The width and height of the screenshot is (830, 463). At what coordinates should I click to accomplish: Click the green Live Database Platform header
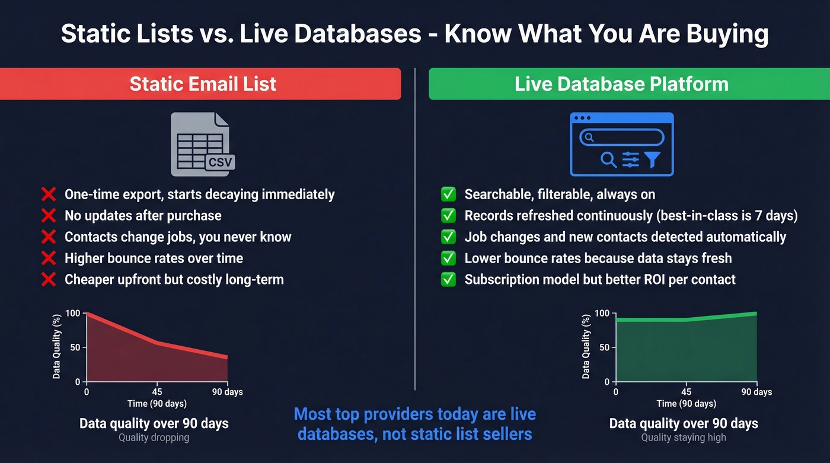(x=621, y=84)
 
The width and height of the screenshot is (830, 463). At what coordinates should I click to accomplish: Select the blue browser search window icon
(x=621, y=144)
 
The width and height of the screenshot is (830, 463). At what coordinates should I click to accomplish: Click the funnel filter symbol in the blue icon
(x=652, y=159)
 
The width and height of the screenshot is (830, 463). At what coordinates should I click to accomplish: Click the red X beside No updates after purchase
(x=49, y=216)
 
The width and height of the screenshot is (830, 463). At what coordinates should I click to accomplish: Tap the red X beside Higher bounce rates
(x=49, y=258)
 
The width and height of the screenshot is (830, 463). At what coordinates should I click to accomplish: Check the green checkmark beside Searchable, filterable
(x=448, y=194)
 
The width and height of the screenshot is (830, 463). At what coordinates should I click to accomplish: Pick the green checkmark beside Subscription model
(x=448, y=279)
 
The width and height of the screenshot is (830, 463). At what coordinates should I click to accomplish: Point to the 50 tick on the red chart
(x=74, y=347)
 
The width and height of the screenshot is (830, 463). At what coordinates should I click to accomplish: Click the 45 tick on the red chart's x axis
(x=157, y=392)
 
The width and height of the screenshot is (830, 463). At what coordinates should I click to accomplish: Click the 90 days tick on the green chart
(x=756, y=392)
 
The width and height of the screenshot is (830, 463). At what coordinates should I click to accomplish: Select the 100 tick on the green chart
(x=602, y=313)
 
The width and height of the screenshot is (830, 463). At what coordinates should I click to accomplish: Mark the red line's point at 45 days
(x=157, y=343)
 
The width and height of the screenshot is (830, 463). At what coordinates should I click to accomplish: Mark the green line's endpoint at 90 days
(x=756, y=314)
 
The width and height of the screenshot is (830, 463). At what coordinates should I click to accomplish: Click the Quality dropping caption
(x=154, y=438)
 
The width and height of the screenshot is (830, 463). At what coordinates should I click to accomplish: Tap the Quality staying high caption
(x=683, y=438)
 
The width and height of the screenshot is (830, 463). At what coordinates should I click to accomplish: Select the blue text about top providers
(x=414, y=424)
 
